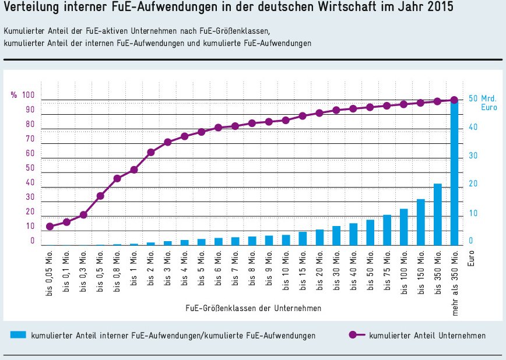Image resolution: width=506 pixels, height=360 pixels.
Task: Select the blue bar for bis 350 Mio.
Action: (437, 215)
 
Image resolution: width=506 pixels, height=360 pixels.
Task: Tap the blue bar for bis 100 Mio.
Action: (403, 227)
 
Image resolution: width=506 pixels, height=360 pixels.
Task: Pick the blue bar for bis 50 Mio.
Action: (370, 233)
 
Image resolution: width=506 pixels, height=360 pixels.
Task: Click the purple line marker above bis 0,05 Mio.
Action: (50, 227)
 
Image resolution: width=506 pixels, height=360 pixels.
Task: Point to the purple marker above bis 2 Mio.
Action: (150, 153)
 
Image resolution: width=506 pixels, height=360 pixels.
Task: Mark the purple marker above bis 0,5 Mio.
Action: (100, 196)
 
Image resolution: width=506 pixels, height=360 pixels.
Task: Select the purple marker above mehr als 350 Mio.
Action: (454, 100)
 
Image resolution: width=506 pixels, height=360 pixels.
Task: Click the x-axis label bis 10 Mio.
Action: (286, 271)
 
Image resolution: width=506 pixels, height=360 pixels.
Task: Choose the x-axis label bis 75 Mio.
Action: (386, 271)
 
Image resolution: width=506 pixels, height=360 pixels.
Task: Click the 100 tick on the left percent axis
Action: (29, 96)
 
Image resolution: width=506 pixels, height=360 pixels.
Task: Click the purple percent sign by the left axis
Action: (13, 96)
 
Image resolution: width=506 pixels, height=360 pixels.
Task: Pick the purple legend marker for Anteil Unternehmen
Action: (352, 336)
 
